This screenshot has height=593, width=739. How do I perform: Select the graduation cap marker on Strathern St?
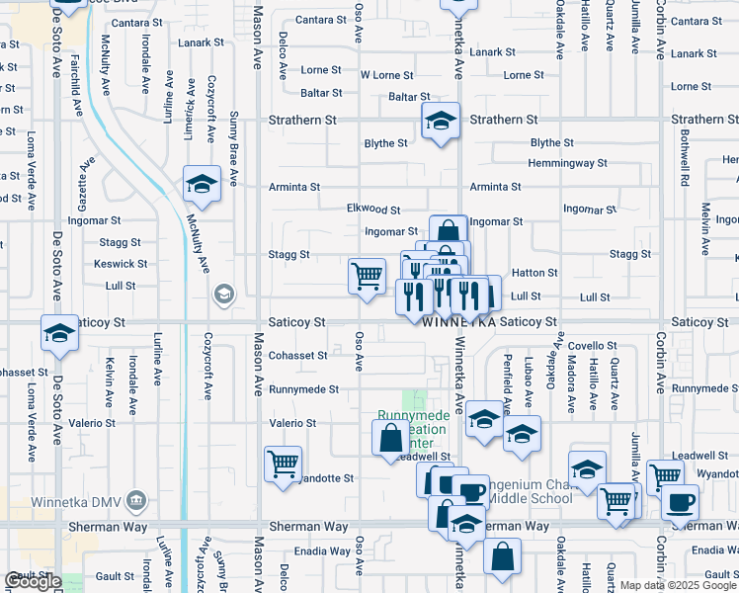[x=441, y=123]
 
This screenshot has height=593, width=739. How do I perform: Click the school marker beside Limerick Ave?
[x=202, y=185]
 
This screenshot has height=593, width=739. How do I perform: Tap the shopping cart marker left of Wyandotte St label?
[x=283, y=464]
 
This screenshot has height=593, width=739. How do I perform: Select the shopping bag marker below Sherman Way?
[x=502, y=556]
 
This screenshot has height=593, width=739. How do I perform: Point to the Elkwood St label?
[x=373, y=210]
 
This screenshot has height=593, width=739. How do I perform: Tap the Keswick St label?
[x=121, y=265]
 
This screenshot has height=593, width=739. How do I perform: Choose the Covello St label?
[x=592, y=346]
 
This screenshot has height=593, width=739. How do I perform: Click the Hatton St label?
[x=534, y=273]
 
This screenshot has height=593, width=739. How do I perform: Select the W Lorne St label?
[x=386, y=75]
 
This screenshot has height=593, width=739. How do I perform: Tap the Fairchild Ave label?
[x=75, y=82]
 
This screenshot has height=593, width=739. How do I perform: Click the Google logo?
[x=34, y=581]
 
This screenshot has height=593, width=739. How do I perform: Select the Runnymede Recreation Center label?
[x=413, y=430]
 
